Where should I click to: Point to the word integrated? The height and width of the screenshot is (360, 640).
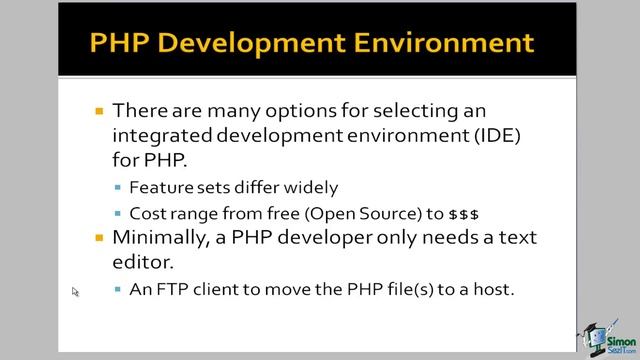165,133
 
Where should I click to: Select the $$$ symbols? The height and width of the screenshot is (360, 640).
464,213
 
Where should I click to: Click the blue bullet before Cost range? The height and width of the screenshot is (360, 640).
119,214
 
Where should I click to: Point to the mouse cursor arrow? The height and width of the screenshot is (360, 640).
75,292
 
